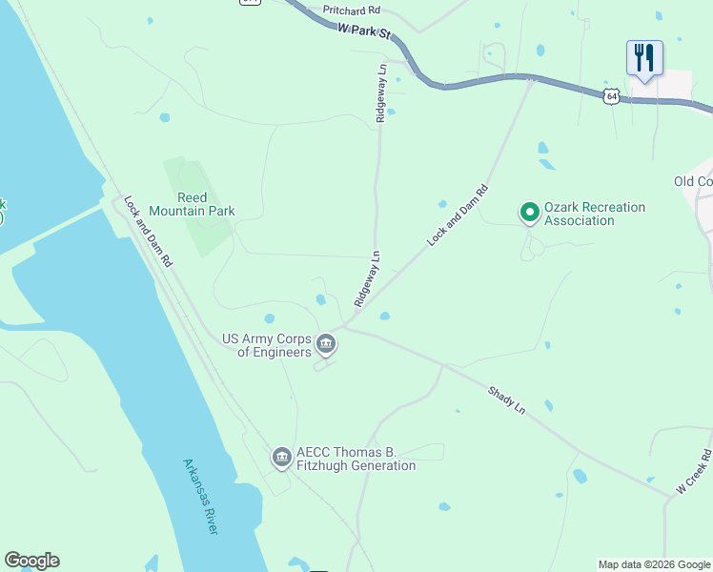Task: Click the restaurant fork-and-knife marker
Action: (644, 57)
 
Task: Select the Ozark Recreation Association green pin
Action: (530, 212)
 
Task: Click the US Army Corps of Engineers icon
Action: (327, 343)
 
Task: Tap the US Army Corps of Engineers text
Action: (267, 345)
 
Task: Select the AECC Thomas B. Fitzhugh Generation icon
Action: (281, 459)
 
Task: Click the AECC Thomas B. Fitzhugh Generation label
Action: (356, 459)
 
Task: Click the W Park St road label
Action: (365, 31)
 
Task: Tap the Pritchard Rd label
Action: (351, 10)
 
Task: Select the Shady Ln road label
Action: (507, 398)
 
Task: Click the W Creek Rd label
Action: (695, 471)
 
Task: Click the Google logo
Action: (31, 561)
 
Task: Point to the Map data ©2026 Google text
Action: (653, 564)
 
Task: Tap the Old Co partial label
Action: (693, 181)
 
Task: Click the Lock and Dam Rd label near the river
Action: (148, 232)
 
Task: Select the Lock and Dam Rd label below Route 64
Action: (458, 216)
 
